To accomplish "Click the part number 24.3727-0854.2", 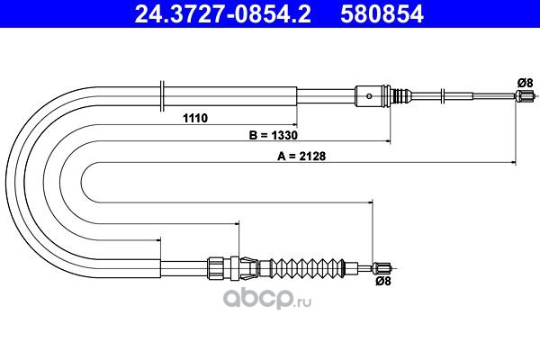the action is (x=223, y=14).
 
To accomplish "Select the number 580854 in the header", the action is (x=382, y=14).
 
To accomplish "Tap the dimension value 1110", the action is (x=195, y=118).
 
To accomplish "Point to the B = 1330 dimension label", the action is (x=273, y=135).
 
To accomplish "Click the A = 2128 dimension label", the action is (x=301, y=156).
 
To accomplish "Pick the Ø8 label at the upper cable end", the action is (x=525, y=83).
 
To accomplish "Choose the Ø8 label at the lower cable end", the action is (x=383, y=281).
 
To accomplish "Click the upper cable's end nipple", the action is (x=525, y=95).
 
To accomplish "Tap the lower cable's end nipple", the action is (x=382, y=267).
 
